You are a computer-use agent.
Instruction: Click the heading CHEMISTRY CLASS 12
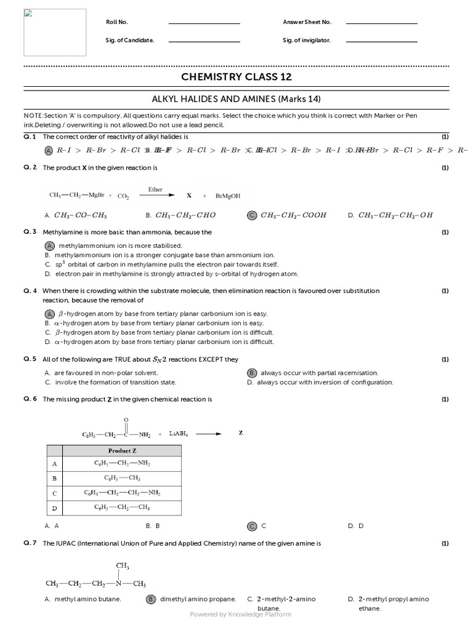click(236, 77)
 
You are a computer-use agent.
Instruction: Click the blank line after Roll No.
click(204, 23)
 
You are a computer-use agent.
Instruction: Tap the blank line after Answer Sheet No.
click(382, 23)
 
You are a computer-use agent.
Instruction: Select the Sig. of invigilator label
click(307, 40)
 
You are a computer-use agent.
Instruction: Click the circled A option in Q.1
click(49, 150)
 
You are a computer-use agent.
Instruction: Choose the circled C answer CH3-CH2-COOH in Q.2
click(252, 215)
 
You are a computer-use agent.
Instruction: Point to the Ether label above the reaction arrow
click(155, 189)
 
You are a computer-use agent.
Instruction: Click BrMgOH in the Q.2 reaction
click(228, 196)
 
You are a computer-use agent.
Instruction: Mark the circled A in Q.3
click(51, 245)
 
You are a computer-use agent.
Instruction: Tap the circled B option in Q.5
click(251, 373)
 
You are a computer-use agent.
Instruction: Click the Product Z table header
click(123, 450)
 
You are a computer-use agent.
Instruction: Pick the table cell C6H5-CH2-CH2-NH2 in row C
click(123, 493)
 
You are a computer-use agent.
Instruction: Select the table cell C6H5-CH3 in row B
click(123, 478)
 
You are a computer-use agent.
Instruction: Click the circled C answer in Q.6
click(252, 526)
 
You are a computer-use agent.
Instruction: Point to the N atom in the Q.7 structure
click(118, 583)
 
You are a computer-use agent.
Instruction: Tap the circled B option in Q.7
click(150, 599)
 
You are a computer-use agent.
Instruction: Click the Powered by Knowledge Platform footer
click(240, 614)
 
